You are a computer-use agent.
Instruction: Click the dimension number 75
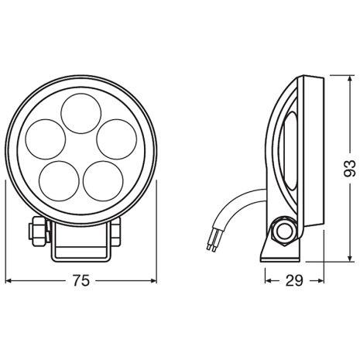pyautogui.click(x=81, y=281)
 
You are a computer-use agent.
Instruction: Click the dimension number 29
pyautogui.click(x=294, y=281)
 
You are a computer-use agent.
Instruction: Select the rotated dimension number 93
pyautogui.click(x=350, y=169)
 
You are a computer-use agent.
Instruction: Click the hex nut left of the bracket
pyautogui.click(x=38, y=231)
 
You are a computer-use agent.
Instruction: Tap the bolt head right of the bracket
pyautogui.click(x=116, y=231)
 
